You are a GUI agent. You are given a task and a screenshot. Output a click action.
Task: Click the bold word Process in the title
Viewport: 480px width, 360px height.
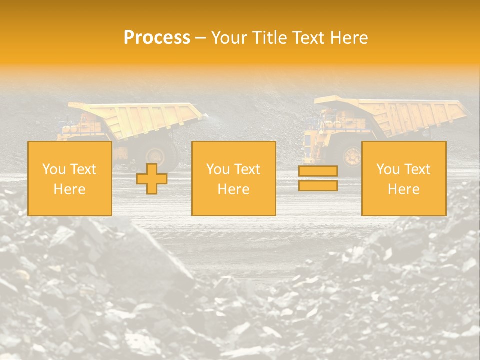pos(157,38)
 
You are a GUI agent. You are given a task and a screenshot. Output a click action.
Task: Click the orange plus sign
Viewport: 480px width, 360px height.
pos(152,178)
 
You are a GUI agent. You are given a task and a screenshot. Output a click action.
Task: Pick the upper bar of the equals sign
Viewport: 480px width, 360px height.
pos(318,171)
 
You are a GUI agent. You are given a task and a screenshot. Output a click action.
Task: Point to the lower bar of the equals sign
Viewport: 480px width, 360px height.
pos(318,185)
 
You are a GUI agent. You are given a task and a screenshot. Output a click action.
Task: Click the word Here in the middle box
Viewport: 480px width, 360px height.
pos(233,189)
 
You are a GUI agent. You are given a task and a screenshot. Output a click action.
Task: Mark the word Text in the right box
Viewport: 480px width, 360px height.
pos(416,169)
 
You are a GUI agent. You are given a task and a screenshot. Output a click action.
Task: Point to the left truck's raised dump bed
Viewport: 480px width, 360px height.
pos(145,118)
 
